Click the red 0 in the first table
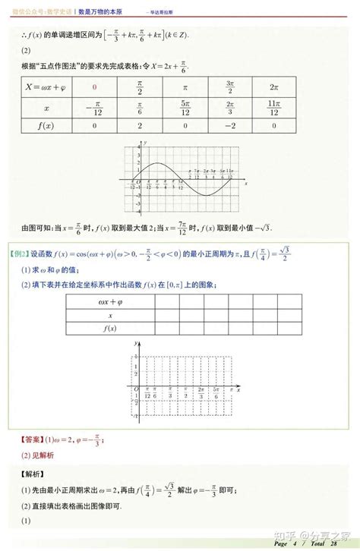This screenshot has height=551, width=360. coord(95,87)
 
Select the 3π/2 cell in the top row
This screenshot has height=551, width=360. coord(230,87)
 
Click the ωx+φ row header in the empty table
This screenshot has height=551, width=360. coord(112,301)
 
